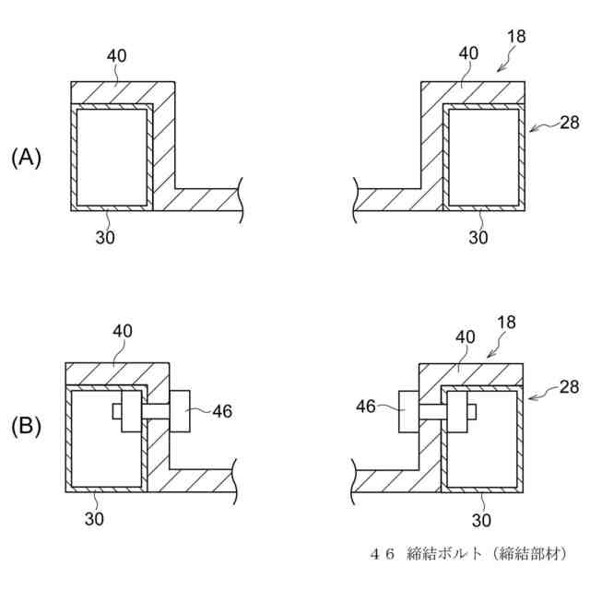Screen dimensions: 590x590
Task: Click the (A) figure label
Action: coord(26,159)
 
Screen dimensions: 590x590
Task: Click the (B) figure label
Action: coord(26,427)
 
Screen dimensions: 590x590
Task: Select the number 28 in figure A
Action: coord(570,123)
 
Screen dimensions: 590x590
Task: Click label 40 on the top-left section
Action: coord(116,56)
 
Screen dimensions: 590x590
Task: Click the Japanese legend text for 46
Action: coord(466,553)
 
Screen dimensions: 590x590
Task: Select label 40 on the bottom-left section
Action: coord(124,330)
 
